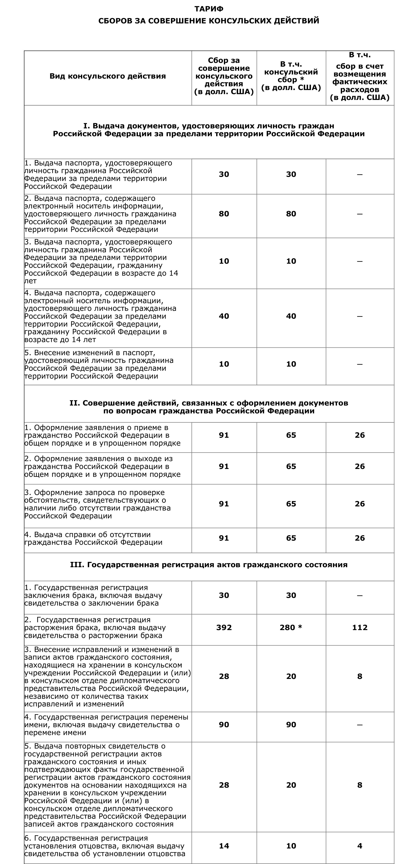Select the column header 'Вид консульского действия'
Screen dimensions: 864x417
(108, 76)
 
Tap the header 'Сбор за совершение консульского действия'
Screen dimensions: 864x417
(224, 76)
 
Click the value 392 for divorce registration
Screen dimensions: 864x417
(224, 627)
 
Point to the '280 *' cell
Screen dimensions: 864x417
(291, 627)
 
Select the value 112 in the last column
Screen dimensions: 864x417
(360, 627)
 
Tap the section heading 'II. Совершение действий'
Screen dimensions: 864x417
(208, 407)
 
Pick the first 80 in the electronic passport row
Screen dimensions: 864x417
(224, 214)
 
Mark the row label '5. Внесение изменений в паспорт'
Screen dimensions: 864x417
(99, 364)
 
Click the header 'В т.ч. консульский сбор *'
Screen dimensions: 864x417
(291, 76)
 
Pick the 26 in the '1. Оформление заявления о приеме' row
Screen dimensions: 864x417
(360, 435)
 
